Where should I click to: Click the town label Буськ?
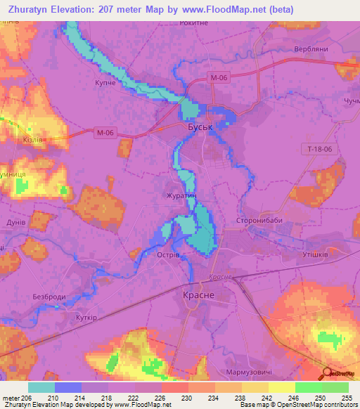(x=201, y=129)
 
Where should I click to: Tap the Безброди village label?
(x=49, y=297)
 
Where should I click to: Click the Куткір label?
(x=84, y=318)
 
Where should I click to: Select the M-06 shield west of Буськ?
(x=105, y=131)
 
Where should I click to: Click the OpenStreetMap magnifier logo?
(x=328, y=372)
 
